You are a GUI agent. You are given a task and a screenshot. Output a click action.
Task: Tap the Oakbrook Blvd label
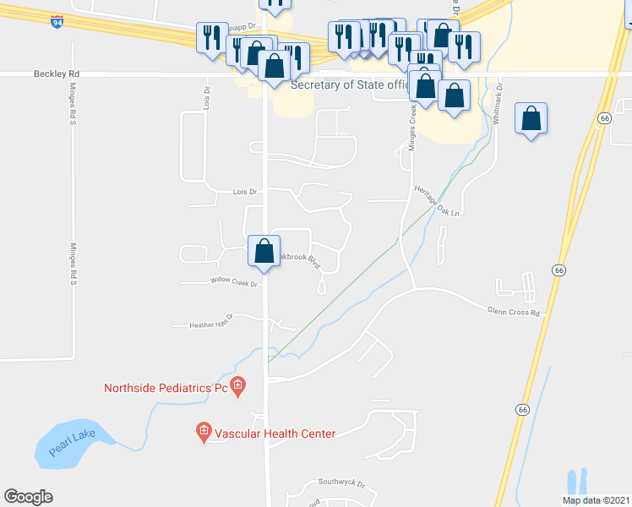pos(301,256)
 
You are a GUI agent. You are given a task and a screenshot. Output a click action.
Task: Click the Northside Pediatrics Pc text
pos(166,389)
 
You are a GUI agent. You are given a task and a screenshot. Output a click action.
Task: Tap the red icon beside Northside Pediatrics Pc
pos(238,388)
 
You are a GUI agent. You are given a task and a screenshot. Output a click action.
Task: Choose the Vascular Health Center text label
pos(275,433)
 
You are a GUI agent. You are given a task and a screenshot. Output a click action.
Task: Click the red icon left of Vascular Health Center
pos(204,433)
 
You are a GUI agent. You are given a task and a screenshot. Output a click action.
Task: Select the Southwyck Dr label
pos(341,482)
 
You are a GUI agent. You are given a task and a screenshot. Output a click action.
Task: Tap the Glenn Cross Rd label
pos(513,312)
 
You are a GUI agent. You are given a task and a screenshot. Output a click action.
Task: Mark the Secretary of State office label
pos(347,85)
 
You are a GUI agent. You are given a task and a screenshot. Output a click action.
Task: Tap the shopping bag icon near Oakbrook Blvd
pos(264,251)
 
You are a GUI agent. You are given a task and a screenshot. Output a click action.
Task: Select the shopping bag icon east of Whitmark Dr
pos(531,118)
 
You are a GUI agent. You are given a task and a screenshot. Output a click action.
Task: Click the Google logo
pos(28,497)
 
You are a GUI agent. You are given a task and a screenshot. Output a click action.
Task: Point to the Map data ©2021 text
pos(596,500)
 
